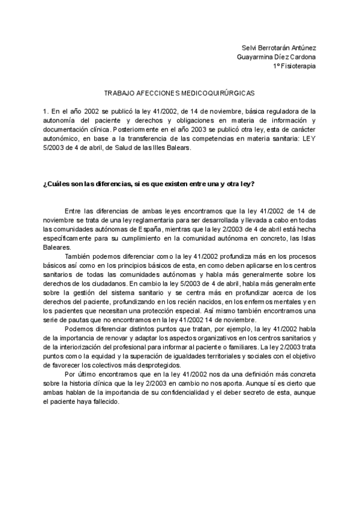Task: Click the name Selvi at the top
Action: click(249, 48)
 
